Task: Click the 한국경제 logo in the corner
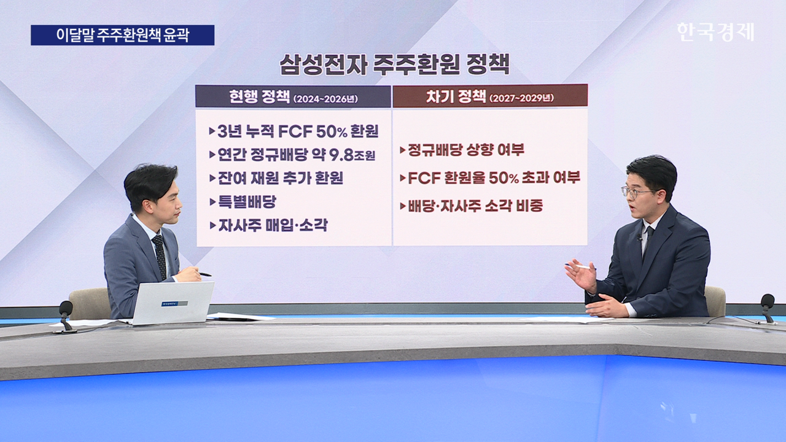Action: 715,33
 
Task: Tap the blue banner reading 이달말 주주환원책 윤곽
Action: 122,35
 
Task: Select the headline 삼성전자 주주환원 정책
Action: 394,64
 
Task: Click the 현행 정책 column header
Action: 293,96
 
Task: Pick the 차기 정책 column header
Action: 490,95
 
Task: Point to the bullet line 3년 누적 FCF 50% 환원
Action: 294,131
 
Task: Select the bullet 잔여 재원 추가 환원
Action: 276,178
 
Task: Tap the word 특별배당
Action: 247,202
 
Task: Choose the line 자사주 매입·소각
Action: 268,225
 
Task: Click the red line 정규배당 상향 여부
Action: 462,150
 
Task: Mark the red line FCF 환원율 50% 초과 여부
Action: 490,178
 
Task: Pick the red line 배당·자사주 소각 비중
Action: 472,206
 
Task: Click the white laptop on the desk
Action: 171,303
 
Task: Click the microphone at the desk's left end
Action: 66,315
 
